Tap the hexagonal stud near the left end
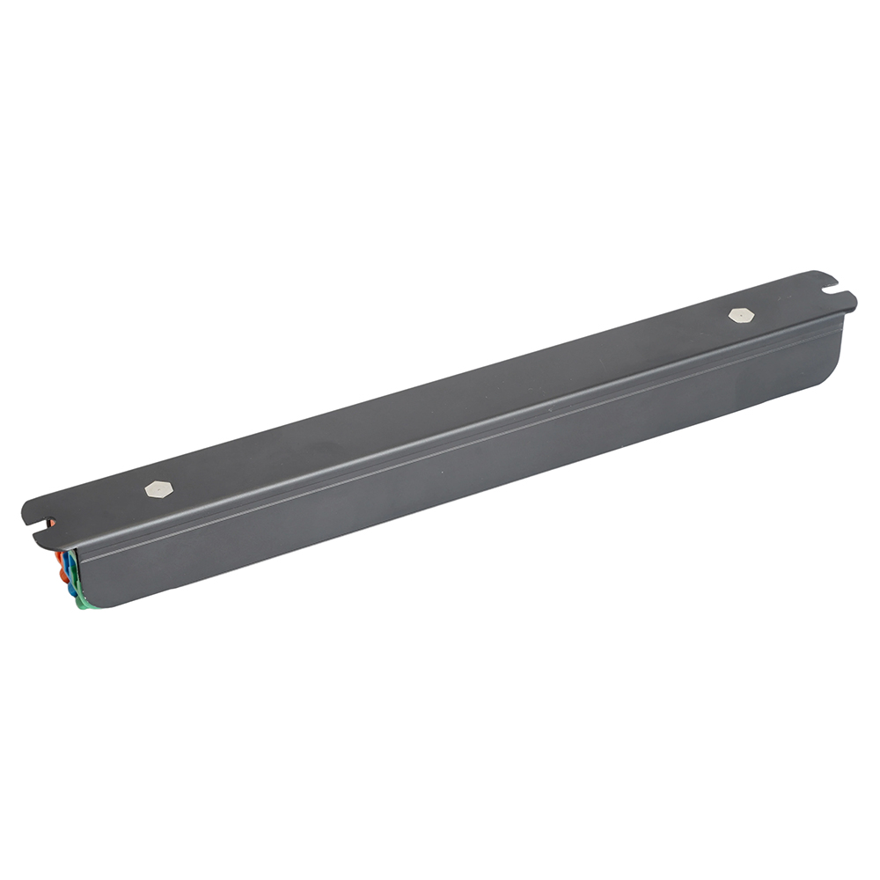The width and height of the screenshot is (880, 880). (158, 491)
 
